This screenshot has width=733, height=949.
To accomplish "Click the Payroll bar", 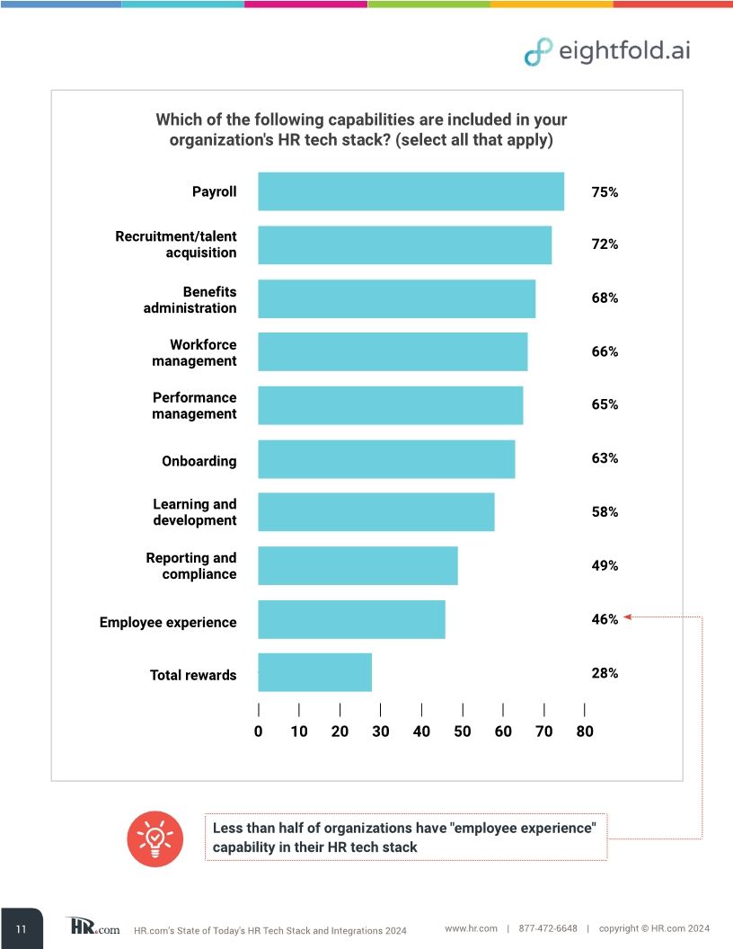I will (411, 191).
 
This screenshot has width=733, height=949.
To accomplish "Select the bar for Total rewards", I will (314, 672).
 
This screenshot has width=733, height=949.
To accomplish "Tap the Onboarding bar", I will (386, 459).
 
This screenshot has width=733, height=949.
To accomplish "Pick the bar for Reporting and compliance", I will (358, 565).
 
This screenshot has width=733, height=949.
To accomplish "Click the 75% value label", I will (605, 191).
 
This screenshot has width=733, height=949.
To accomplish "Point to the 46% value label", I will (605, 619).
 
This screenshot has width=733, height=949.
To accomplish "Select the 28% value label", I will (605, 672).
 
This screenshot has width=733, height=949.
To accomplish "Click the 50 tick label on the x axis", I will (463, 732).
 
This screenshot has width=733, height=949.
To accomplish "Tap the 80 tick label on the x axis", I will (585, 732).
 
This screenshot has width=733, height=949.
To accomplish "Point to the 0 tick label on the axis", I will (259, 732).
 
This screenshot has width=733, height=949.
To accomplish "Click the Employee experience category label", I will (168, 622).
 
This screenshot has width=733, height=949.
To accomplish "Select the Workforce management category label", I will (194, 352).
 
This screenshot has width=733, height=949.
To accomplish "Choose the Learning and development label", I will (194, 512).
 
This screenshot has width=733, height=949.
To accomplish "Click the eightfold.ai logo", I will (607, 51).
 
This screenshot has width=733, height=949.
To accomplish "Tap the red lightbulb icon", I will (155, 838).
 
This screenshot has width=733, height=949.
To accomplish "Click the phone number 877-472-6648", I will (548, 927).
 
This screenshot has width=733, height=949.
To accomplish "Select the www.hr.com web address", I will (472, 927).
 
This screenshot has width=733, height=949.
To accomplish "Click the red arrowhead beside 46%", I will (629, 616).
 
